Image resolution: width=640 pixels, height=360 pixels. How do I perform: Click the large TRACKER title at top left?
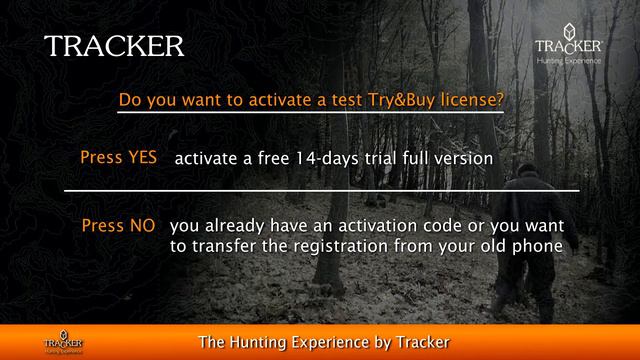tap(114, 46)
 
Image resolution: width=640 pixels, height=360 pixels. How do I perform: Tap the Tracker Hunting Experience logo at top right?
tap(569, 47)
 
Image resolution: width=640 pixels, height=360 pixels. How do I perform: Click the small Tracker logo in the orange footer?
tap(62, 340)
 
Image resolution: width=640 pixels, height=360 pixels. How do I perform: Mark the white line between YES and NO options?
tap(321, 189)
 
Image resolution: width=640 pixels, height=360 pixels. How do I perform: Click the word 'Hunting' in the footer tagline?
tap(271, 341)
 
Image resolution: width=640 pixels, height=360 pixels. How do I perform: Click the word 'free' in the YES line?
tap(265, 158)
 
